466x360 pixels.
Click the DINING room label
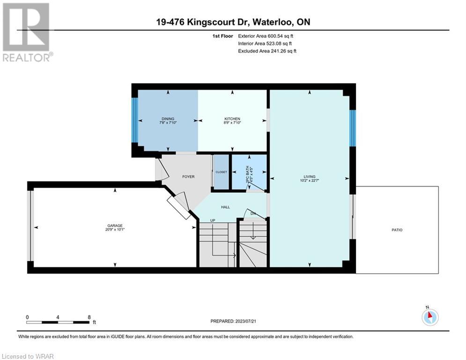(168, 119)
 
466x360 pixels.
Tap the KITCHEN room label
(232, 119)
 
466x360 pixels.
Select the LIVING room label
(310, 176)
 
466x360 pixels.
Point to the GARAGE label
(115, 225)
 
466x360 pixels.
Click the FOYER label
(188, 177)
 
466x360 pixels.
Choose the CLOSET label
(221, 172)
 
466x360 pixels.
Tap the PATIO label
(397, 230)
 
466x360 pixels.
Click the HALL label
(225, 207)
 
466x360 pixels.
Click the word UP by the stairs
(213, 220)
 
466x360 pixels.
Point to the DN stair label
(253, 213)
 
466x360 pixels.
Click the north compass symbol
(430, 316)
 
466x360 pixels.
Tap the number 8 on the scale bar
(89, 317)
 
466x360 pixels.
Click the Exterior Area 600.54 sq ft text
(266, 36)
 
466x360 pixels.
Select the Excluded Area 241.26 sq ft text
(267, 51)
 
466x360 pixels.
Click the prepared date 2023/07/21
(246, 321)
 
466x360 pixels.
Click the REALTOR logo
(27, 32)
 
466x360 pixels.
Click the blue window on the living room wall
(353, 128)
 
